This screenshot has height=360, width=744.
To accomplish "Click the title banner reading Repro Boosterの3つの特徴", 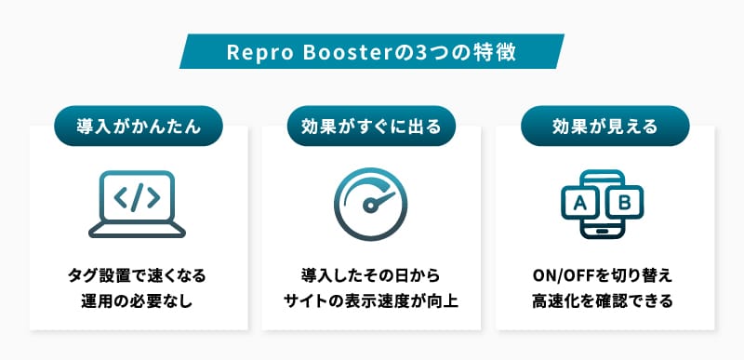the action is point(371,52).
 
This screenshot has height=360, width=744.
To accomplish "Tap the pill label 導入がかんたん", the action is point(139,127).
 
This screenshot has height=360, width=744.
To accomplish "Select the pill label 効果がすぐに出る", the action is point(371,127).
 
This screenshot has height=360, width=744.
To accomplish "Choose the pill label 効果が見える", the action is point(605,127).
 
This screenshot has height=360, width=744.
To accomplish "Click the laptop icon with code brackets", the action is point(137,205).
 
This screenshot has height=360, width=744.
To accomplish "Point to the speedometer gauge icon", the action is point(371,205).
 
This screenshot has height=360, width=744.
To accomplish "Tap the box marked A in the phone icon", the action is point(579,203).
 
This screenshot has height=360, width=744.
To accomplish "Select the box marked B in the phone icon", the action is point(625,203).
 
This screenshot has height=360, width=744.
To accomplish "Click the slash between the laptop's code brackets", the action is point(137,198).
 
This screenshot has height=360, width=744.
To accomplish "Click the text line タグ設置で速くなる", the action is point(137,275).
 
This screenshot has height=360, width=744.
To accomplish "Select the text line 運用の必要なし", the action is point(137,301).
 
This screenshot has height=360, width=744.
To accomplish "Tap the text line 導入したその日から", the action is point(371,275).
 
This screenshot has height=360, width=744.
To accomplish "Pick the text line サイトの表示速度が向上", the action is point(371,301).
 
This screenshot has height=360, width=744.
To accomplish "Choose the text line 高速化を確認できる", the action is point(603,301).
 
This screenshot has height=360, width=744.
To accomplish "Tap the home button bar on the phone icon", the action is point(602,232).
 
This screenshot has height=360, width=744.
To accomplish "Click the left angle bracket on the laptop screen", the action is point(122,198).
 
